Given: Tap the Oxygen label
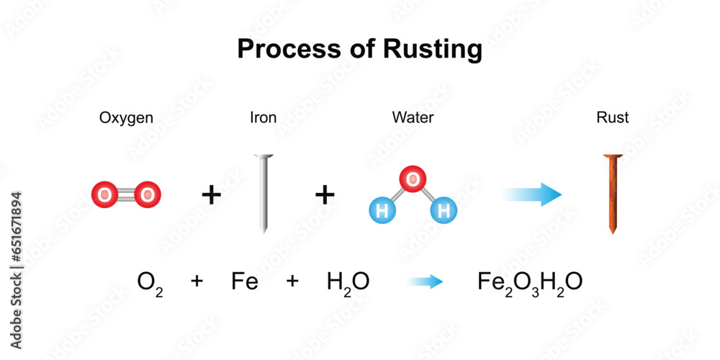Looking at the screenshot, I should coord(126,117).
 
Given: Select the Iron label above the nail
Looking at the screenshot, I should coord(263,117).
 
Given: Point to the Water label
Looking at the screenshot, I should coord(413,117).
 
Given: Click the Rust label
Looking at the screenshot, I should coord(613,117).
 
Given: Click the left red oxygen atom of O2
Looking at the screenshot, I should coord(105,194).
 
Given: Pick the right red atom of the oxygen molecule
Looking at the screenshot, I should coord(147,194).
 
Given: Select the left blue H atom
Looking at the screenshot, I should coord(382,211).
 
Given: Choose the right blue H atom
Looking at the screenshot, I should coord(444,211).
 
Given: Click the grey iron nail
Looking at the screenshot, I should coord(264,194).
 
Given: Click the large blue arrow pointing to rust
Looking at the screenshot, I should coord(533,194).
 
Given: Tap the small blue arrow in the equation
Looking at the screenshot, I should coord(425,282).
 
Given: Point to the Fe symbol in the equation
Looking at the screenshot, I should coord(245,282).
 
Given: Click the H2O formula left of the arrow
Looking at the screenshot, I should coord(348,282).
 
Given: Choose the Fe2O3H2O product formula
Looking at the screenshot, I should coord(531,282).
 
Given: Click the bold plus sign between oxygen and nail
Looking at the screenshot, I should coord(210,195).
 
